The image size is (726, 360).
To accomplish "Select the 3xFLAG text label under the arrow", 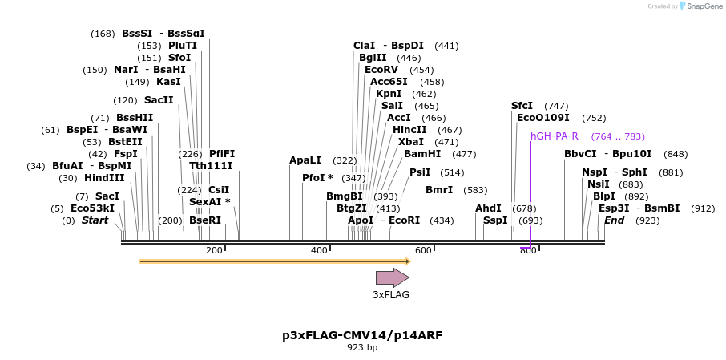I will point(391,295).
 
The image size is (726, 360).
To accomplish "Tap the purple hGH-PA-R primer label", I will point(555,136).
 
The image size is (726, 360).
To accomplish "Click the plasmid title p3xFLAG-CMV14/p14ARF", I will point(362,334).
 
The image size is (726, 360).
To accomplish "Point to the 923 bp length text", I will point(362,347).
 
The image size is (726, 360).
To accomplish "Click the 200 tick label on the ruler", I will point(214,251).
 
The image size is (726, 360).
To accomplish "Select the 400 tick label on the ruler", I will point(319,251).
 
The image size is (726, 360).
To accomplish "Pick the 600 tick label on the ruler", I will point(423,251).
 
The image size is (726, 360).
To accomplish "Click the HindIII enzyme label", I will point(104,178).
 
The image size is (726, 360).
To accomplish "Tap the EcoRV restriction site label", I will point(381,70).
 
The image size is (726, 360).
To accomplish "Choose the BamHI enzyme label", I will point(422,154).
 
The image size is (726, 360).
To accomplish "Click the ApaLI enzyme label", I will point(305,160).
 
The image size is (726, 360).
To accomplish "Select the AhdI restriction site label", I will point(488,208).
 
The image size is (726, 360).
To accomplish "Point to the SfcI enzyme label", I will point(522,106).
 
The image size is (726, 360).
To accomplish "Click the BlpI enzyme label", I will point(604,196).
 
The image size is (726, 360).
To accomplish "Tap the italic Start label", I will point(95,220).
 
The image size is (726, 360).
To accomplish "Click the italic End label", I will point(615,220).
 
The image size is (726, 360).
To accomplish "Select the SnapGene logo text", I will point(703,6).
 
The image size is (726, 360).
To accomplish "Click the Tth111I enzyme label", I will point(211,166).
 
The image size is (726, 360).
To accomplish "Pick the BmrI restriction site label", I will point(439,190).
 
